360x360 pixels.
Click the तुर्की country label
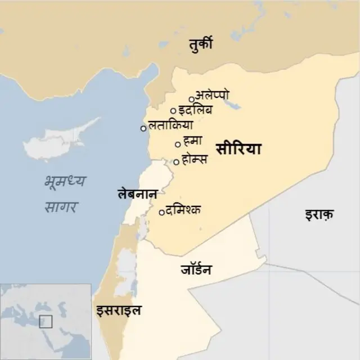pos(200,44)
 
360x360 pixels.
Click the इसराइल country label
pos(118,310)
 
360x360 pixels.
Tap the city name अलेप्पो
pos(212,95)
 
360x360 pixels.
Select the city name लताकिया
pos(170,125)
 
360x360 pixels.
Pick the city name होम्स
pos(195,159)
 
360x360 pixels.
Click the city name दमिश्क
pos(183,210)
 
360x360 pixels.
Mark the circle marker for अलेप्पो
pos(191,100)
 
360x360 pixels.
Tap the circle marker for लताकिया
pos(143,128)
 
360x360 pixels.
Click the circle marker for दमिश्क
pos(162,213)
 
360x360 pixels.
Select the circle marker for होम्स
pos(176,162)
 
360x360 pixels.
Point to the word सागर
pos(61,206)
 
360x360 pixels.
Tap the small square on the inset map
pos(46,321)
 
